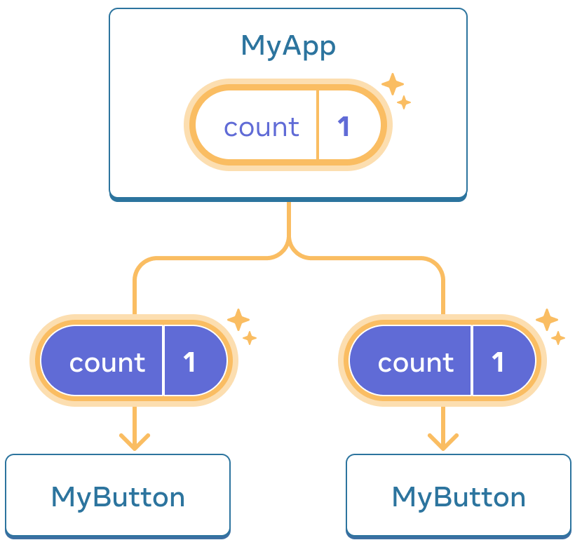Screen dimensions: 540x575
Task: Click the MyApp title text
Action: [287, 46]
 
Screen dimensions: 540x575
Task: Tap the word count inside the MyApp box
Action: [262, 128]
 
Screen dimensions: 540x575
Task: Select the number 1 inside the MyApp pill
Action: [344, 127]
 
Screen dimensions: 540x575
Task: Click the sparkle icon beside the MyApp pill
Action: [395, 91]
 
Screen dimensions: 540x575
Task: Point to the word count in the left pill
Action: [107, 363]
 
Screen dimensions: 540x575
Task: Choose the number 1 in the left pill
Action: [189, 362]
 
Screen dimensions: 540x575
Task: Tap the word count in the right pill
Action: [416, 363]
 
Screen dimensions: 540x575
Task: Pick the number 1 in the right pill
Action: [498, 362]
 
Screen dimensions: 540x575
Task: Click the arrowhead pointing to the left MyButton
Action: [135, 441]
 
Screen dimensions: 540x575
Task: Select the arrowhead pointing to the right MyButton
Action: [443, 441]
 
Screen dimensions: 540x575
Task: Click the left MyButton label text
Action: [118, 497]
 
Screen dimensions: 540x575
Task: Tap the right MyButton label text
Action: [459, 497]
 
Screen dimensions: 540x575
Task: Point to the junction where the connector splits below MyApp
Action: [288, 250]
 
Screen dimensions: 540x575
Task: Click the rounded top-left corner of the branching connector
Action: [140, 265]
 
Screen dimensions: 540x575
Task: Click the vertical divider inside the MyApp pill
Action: [318, 127]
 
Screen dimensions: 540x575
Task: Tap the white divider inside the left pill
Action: [163, 360]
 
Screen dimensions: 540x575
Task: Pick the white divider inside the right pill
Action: [472, 360]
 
